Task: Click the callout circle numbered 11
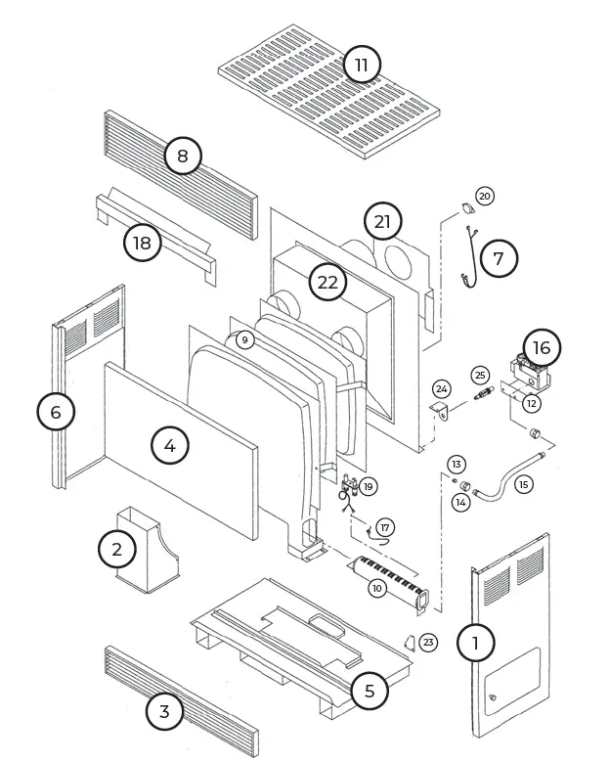point(362,66)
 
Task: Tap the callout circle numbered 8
point(182,155)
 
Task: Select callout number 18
point(143,242)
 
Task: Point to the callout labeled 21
point(382,222)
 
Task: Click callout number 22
point(327,283)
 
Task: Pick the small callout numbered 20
point(485,196)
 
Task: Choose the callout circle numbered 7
point(499,258)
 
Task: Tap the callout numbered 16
point(542,348)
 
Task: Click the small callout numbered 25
point(479,375)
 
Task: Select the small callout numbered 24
point(441,389)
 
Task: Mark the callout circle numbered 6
point(56,412)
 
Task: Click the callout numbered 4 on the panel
point(170,445)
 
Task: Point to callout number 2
point(117,549)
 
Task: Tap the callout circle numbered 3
point(164,711)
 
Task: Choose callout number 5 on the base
point(369,691)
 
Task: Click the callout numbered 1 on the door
point(476,643)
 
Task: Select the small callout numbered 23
point(428,643)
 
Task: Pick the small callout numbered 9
point(244,339)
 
